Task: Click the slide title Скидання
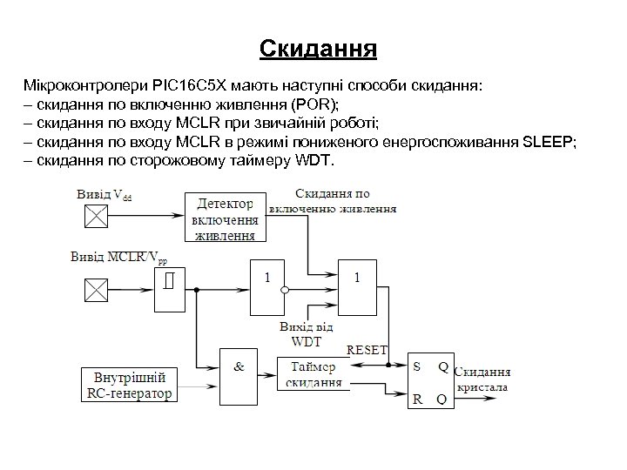(318, 47)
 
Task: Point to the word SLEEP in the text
(546, 143)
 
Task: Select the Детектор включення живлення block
(226, 217)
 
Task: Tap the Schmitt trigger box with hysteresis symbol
(170, 285)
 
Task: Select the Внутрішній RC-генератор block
(130, 385)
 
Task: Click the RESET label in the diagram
(367, 350)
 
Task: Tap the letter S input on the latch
(416, 366)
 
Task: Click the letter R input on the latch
(416, 399)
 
